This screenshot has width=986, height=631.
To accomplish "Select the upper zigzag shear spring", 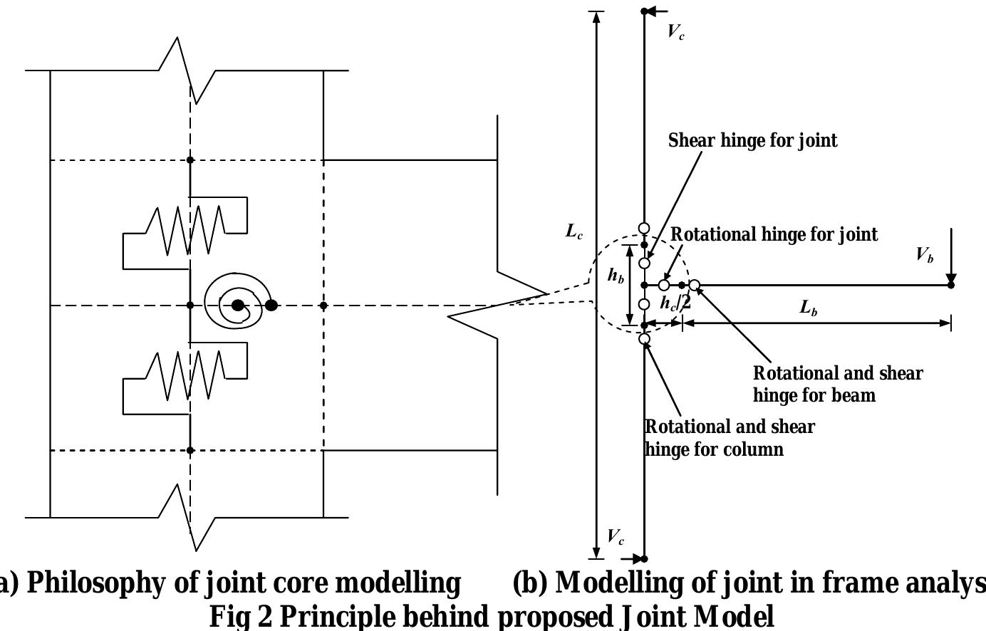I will [x=185, y=229].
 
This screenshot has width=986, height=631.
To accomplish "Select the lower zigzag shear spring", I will [x=185, y=375].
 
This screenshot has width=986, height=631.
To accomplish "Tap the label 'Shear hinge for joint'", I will [x=752, y=140].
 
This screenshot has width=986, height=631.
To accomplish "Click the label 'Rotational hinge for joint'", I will [x=774, y=234].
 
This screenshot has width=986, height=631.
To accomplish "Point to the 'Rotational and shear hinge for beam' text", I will [x=837, y=384].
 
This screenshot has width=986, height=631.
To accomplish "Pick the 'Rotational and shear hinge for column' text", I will [x=729, y=438].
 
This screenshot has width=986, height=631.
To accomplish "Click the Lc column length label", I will [x=574, y=231].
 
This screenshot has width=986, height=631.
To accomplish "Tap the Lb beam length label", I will [x=808, y=308].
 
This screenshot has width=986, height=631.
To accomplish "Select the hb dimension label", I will [x=616, y=276].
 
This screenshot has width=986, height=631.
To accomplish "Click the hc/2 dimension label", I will [x=675, y=303].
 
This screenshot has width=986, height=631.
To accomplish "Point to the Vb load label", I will [x=925, y=255].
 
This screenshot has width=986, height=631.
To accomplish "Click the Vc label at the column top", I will [x=675, y=31].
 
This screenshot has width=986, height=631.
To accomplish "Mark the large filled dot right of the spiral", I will [x=271, y=306].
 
